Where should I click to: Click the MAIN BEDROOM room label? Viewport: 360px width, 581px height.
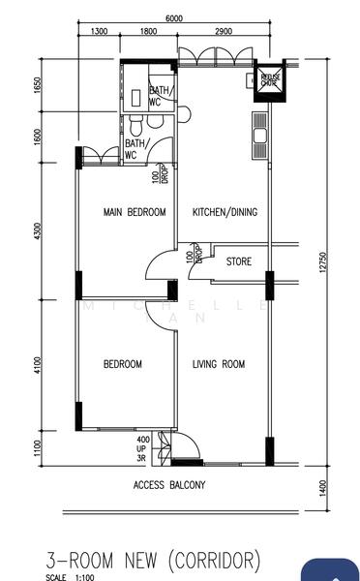(x=135, y=212)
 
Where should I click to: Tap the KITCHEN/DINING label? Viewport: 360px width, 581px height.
(x=224, y=212)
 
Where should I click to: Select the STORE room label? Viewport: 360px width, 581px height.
(x=239, y=261)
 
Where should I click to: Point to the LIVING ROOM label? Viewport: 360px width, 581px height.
(x=218, y=364)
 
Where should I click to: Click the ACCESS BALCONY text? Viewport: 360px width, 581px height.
(x=169, y=485)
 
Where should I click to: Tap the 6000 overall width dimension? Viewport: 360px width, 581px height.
(x=174, y=18)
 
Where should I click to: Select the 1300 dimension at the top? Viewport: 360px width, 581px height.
(x=99, y=32)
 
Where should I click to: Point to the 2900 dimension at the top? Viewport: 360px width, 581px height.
(x=224, y=32)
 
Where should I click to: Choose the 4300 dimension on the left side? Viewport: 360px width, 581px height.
(x=37, y=232)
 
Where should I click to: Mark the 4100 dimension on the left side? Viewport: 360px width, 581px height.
(x=37, y=364)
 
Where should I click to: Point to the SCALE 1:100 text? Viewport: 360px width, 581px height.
(x=71, y=577)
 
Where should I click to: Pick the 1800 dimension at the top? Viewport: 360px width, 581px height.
(x=148, y=32)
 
